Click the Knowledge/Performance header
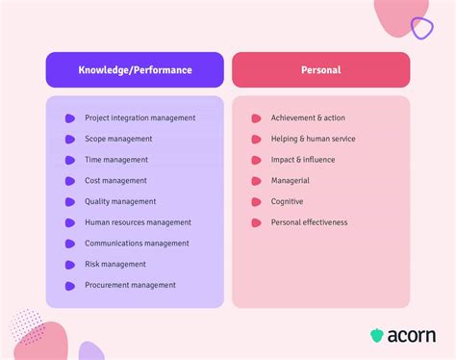click(135, 69)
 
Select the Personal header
click(320, 69)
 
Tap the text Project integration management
click(139, 118)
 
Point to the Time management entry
click(116, 160)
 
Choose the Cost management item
click(115, 181)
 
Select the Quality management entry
click(120, 202)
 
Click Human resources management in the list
click(138, 222)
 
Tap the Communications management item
click(137, 244)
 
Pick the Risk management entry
click(115, 264)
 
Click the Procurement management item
click(130, 285)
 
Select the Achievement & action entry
click(308, 118)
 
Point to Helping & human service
click(313, 140)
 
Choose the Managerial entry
click(291, 181)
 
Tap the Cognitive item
click(287, 202)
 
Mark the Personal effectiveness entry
click(309, 222)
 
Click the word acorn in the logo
click(412, 336)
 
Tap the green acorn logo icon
click(377, 336)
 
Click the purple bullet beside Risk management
click(70, 265)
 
